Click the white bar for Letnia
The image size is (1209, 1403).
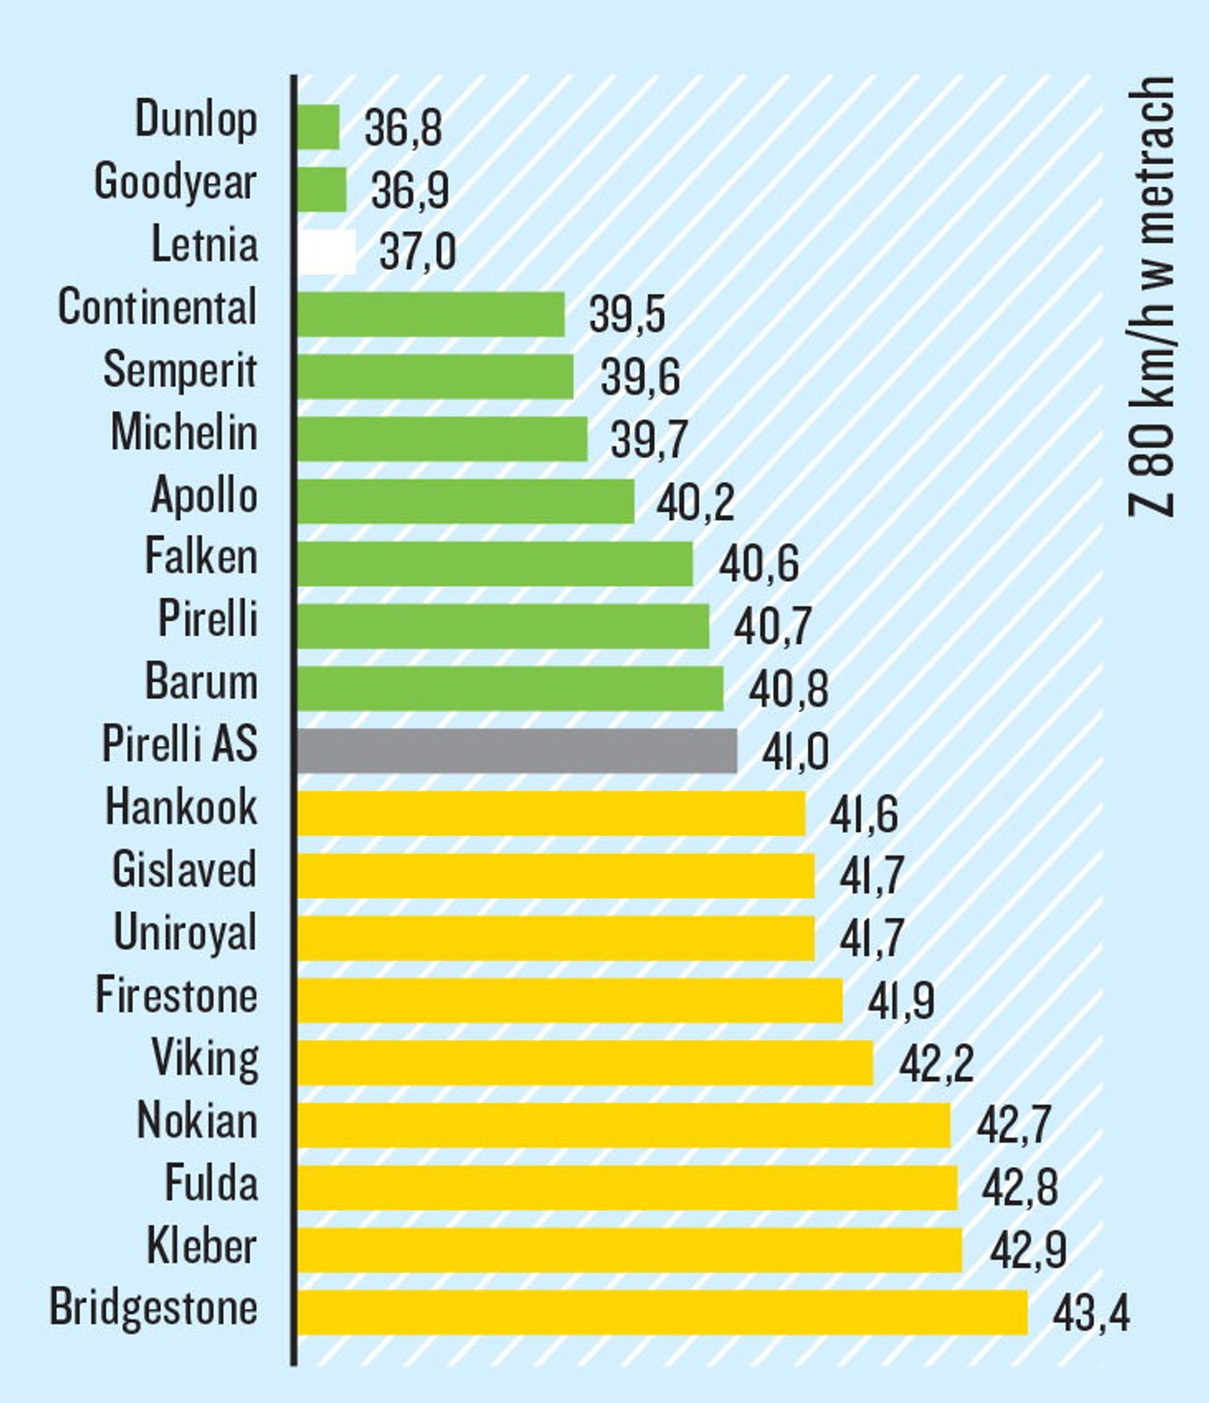(x=326, y=253)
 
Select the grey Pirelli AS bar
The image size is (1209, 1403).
(x=517, y=751)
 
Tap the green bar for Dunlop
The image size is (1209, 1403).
(x=318, y=127)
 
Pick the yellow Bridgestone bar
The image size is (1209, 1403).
(x=662, y=1313)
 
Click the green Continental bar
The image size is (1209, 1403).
(x=431, y=314)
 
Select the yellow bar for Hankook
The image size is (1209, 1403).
(x=551, y=813)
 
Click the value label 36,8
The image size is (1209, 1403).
(x=403, y=128)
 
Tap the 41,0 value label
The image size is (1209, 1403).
(x=795, y=752)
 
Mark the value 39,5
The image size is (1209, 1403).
(x=626, y=315)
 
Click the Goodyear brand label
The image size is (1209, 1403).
(x=175, y=182)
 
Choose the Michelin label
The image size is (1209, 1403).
(x=184, y=432)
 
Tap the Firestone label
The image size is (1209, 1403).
(x=176, y=995)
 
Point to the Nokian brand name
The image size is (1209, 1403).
(x=197, y=1121)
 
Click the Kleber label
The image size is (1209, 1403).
(x=202, y=1246)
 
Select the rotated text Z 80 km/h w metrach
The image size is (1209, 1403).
(x=1151, y=298)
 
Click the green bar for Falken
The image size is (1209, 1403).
(x=495, y=564)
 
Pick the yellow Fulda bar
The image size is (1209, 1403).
(x=626, y=1187)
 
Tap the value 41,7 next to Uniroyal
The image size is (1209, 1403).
(x=870, y=938)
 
